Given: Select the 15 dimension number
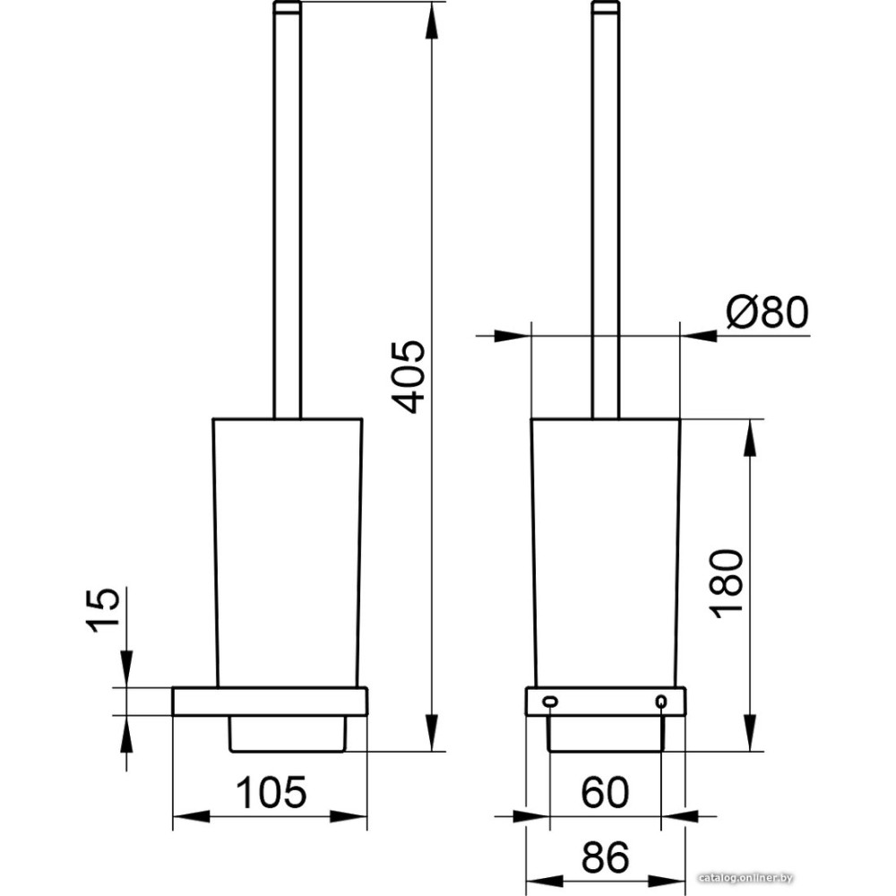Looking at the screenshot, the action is pyautogui.click(x=104, y=609).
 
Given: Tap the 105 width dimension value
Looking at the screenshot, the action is pyautogui.click(x=271, y=793).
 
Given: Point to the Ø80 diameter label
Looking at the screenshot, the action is pyautogui.click(x=768, y=312).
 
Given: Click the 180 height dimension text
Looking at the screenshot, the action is pyautogui.click(x=727, y=584).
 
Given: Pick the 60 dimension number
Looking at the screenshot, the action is pyautogui.click(x=605, y=793).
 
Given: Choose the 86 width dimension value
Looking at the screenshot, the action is pyautogui.click(x=605, y=857).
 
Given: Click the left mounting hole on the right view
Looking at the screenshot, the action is pyautogui.click(x=550, y=701).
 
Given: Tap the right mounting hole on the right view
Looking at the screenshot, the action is pyautogui.click(x=661, y=701).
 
